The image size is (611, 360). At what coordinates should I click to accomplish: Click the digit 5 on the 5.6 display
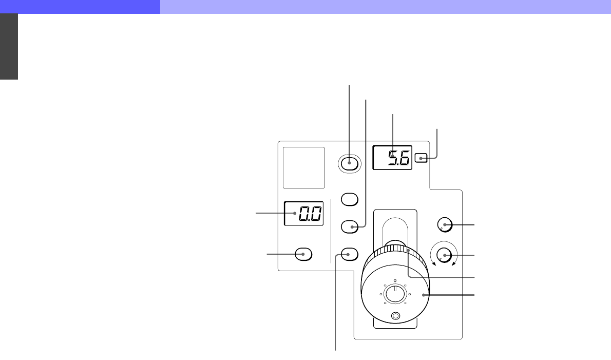click(x=394, y=158)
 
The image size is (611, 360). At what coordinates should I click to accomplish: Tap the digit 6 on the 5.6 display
click(x=405, y=158)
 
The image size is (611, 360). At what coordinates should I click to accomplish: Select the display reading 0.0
click(x=304, y=214)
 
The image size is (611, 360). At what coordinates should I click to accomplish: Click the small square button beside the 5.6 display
click(x=421, y=158)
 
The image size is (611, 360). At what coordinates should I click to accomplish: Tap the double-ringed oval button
click(x=350, y=163)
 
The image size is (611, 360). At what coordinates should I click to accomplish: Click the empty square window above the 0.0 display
click(x=303, y=167)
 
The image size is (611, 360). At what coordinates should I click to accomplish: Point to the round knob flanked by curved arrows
click(x=444, y=256)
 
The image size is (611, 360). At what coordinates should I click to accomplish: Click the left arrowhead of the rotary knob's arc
click(x=434, y=264)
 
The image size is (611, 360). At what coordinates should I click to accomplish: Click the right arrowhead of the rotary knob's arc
click(x=454, y=264)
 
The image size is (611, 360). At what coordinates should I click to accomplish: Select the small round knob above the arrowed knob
click(x=445, y=225)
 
